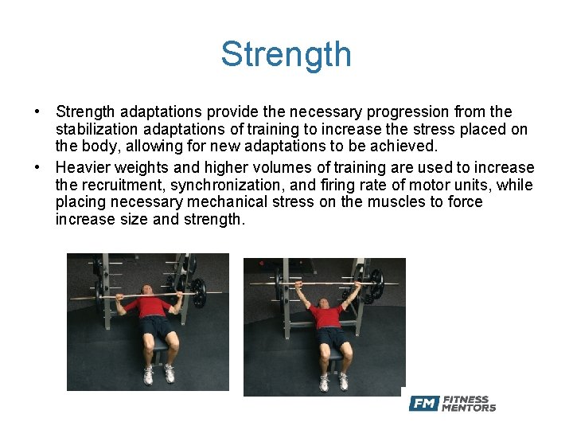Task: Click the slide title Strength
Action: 286,55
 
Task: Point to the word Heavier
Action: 83,168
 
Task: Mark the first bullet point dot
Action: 39,112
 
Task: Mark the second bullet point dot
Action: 39,168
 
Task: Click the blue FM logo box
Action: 423,404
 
